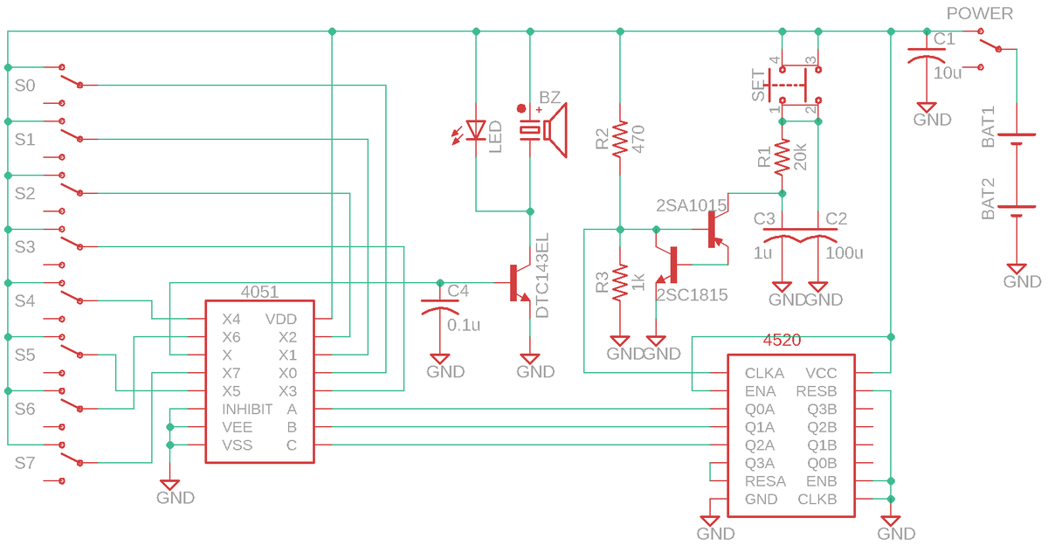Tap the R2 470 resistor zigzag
620,139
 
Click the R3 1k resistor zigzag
620,283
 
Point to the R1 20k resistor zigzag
783,157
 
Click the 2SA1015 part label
691,205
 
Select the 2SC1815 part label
692,294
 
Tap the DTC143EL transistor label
541,275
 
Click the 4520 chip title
782,340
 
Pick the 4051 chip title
259,292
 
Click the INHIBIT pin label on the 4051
247,410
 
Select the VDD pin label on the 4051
280,319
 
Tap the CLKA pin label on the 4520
764,373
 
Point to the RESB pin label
817,391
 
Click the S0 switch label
24,86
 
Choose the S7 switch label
24,463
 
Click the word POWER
980,14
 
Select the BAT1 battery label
988,128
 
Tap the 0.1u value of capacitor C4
464,325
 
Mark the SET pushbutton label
758,85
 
